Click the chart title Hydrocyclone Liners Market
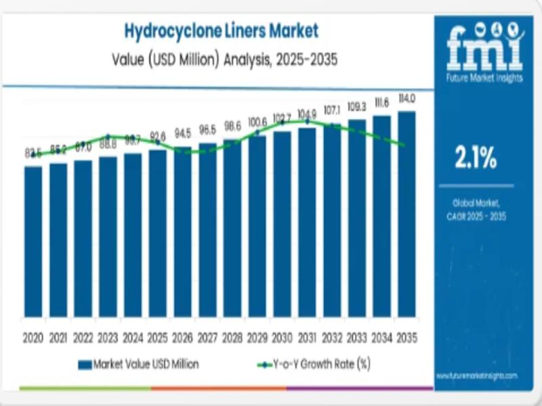221,30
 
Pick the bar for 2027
208,230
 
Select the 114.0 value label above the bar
406,99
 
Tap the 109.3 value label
356,107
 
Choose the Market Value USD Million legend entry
139,364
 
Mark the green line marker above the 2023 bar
108,136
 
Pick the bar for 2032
332,221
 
